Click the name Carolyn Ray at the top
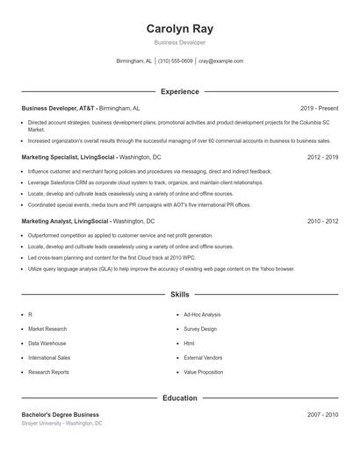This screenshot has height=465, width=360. tap(179, 29)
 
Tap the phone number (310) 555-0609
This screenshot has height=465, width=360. tap(175, 61)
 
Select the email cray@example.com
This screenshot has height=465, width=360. tap(220, 61)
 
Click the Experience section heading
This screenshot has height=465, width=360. tap(179, 91)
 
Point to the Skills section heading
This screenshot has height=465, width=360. tap(179, 296)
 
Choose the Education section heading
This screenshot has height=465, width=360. tap(179, 398)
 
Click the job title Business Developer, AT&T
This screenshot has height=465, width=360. tap(58, 108)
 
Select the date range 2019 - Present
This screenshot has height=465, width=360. tap(319, 108)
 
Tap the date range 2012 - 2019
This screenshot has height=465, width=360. tap(322, 156)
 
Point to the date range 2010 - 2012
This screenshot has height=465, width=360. tap(322, 221)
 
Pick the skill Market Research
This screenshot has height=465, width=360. tap(47, 329)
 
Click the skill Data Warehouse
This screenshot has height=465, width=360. tap(47, 344)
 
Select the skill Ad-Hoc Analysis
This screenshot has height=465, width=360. tap(202, 314)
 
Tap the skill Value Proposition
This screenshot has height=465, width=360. tap(203, 373)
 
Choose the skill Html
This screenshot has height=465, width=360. tap(189, 344)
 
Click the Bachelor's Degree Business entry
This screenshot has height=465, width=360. tap(60, 414)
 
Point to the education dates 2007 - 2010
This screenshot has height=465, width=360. tap(322, 414)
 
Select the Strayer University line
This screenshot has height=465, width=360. tap(61, 424)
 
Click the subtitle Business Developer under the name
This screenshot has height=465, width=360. tap(179, 42)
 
